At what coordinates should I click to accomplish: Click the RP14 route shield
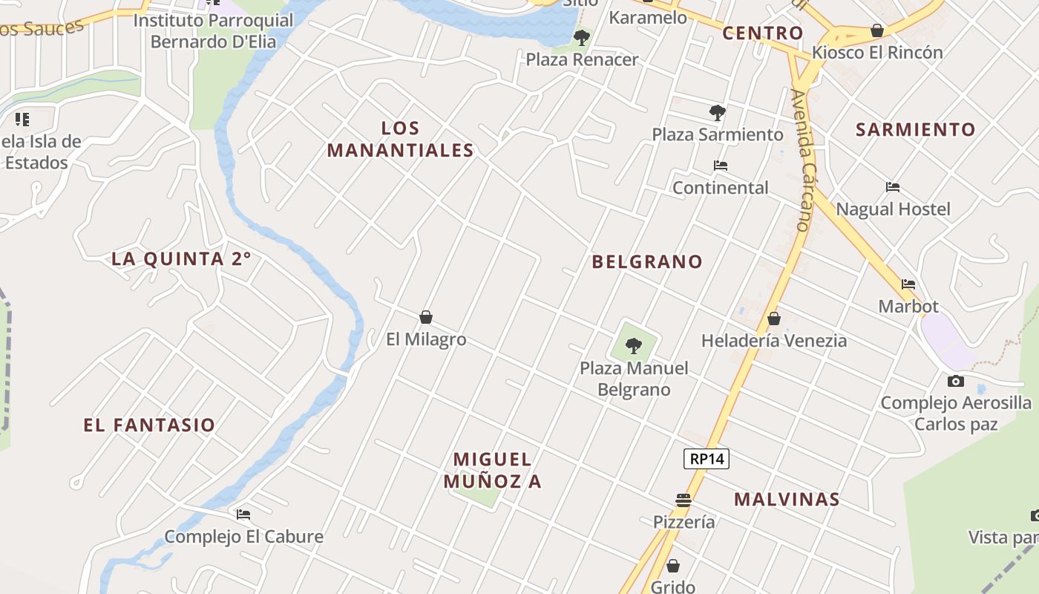[707, 459]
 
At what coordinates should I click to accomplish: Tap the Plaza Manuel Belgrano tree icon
[634, 345]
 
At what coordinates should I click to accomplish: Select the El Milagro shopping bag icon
[426, 317]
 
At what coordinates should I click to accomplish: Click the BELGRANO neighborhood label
[647, 261]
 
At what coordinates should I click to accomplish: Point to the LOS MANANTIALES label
[400, 140]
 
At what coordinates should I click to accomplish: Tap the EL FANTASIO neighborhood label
[149, 425]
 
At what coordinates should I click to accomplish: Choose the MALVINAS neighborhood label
[787, 500]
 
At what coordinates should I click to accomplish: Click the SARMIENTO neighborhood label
[916, 130]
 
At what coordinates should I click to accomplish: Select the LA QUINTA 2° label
[181, 259]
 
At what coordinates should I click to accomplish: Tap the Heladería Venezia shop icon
[774, 319]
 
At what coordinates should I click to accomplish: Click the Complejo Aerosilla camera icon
[956, 381]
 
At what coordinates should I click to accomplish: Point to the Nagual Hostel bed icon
[893, 187]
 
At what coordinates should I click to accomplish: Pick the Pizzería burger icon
[684, 500]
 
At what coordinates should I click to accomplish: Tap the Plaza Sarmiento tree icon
[717, 113]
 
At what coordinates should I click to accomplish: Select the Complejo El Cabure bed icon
[243, 514]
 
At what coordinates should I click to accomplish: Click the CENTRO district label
[763, 33]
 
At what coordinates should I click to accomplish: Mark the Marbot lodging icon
[908, 284]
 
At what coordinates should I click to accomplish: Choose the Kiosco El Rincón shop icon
[877, 30]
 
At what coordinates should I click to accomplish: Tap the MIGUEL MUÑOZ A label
[493, 470]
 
